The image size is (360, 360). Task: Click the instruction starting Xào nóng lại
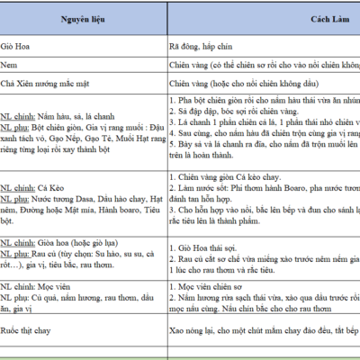pos(261,331)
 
